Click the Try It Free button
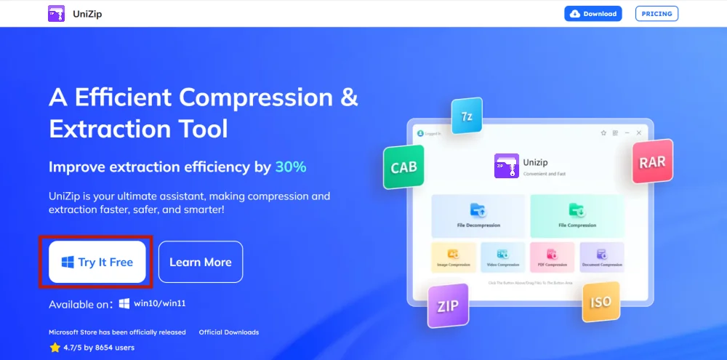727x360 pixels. click(x=97, y=262)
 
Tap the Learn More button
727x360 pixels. click(x=201, y=262)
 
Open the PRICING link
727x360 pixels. click(x=656, y=14)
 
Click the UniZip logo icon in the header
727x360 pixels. click(x=56, y=14)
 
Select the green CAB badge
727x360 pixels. click(x=403, y=167)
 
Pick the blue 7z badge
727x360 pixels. click(x=467, y=116)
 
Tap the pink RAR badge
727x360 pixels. click(x=652, y=162)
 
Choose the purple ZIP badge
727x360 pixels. click(x=448, y=306)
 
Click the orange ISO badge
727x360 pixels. click(x=601, y=302)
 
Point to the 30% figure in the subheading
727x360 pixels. click(x=291, y=167)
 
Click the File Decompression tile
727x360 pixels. click(x=478, y=215)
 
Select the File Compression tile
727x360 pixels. click(x=577, y=215)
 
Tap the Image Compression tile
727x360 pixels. click(x=453, y=257)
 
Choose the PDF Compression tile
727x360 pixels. click(x=552, y=257)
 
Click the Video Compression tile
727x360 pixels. click(x=502, y=257)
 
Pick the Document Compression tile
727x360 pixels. click(x=601, y=257)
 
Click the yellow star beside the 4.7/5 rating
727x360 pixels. click(x=55, y=348)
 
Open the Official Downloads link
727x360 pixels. click(x=229, y=332)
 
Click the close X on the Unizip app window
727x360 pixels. click(x=639, y=133)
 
